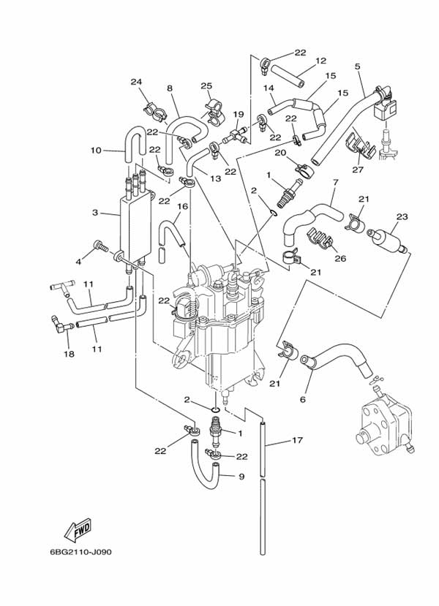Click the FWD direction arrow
tap(78, 529)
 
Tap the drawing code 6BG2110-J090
tap(80, 552)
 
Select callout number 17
tap(298, 440)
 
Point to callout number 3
tap(95, 213)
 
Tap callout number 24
tap(136, 82)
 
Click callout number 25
tap(206, 86)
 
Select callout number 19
tap(239, 114)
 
